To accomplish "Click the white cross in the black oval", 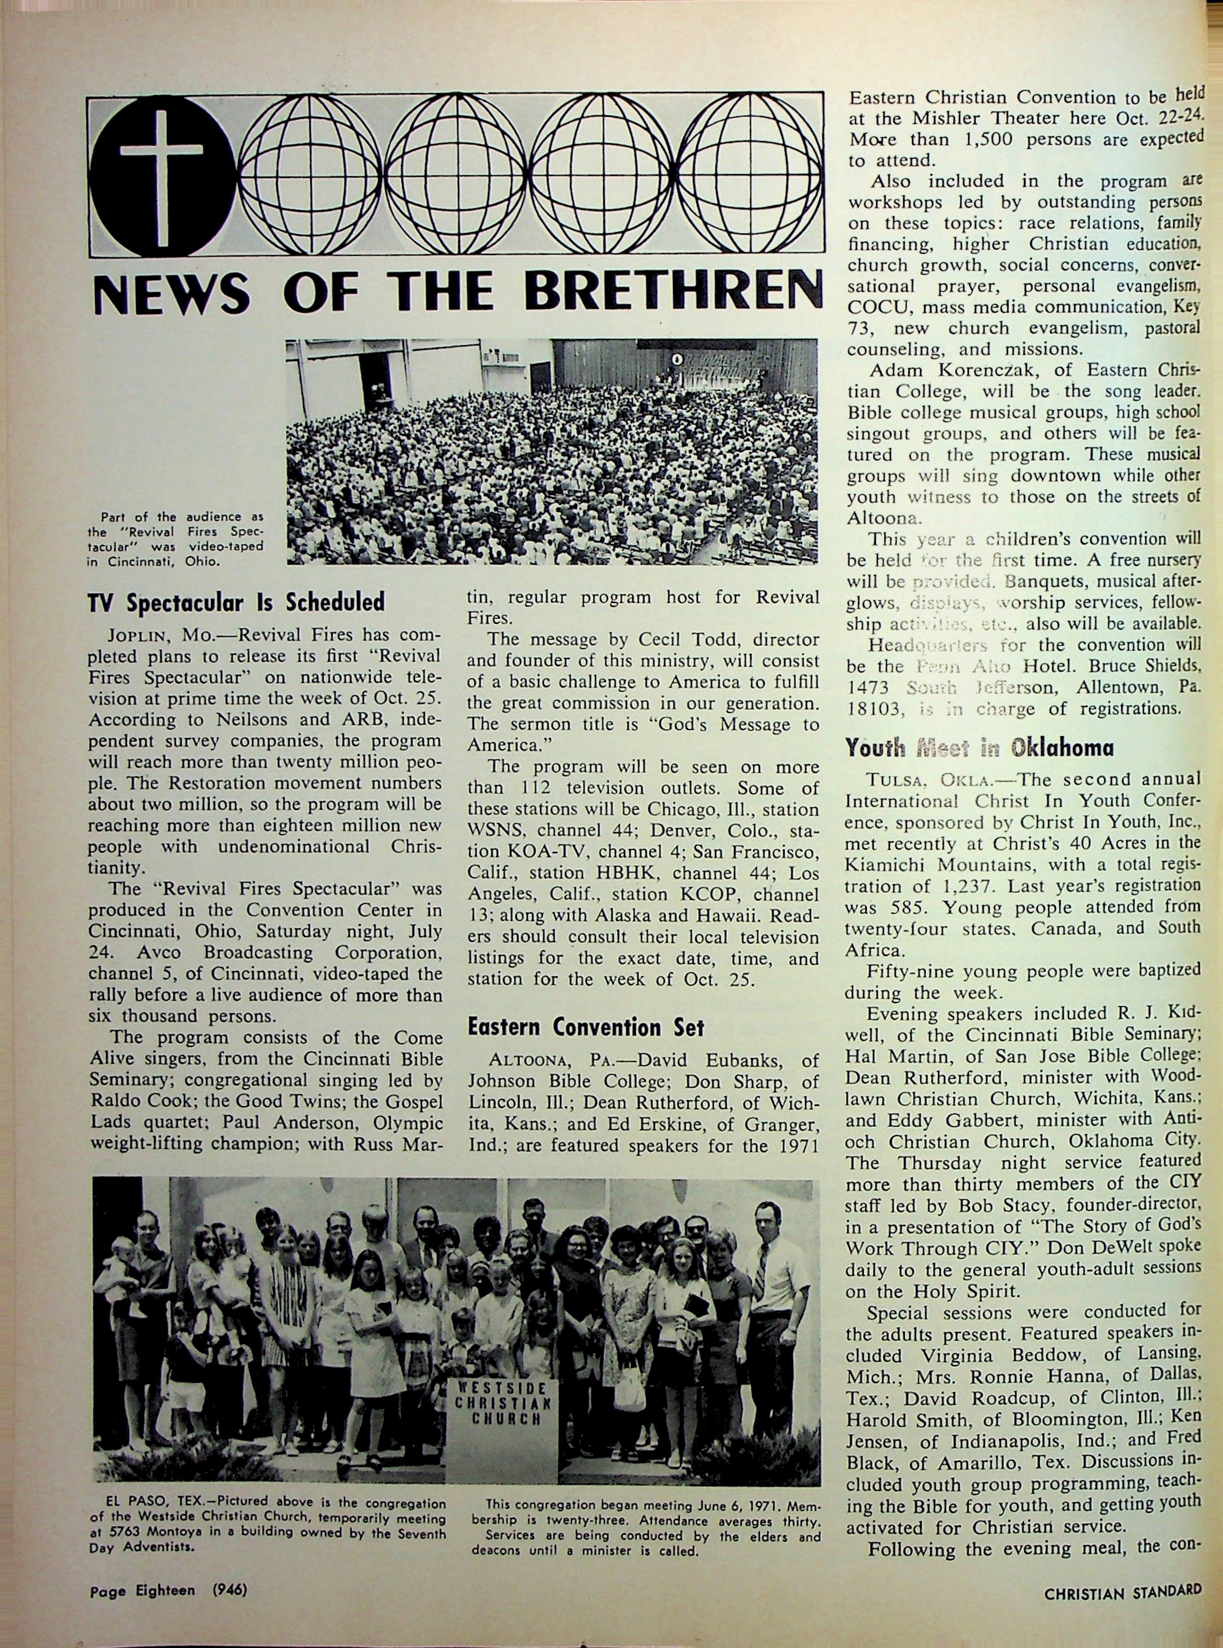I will [x=161, y=175].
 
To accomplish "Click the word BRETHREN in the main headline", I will [x=673, y=293].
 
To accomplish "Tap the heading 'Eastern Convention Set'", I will [x=586, y=1028].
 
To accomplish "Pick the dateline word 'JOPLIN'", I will [x=139, y=636].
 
